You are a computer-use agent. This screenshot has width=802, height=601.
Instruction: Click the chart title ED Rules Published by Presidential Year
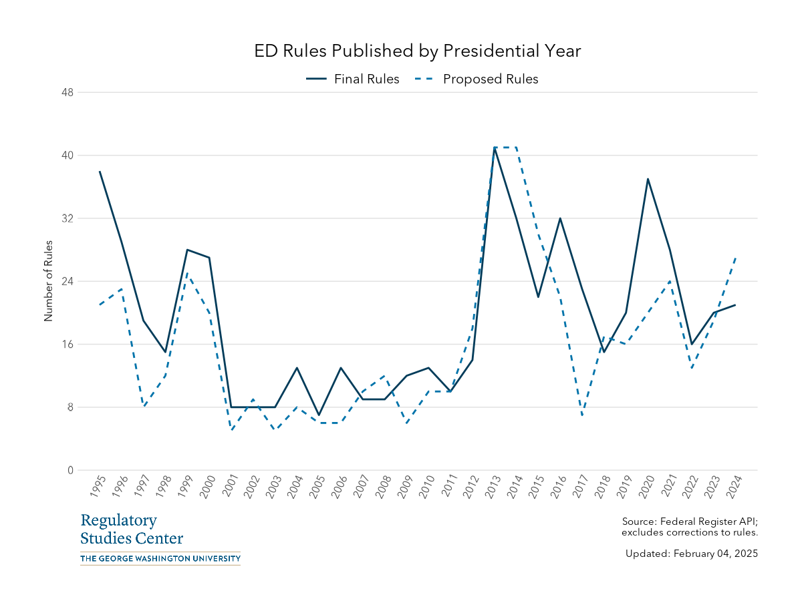coord(418,51)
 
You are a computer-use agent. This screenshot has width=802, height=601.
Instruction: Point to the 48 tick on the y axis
coord(67,92)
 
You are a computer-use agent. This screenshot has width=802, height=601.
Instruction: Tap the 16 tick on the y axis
coord(67,345)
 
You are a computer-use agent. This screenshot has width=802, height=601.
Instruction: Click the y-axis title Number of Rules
coord(48,281)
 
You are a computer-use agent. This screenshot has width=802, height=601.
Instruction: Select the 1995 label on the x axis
coord(98,487)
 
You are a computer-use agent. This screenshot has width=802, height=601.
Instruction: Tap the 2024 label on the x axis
coord(734,487)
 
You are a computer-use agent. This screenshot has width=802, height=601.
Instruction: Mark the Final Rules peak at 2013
coord(495,148)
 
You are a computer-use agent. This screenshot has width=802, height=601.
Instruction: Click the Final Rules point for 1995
coord(100,171)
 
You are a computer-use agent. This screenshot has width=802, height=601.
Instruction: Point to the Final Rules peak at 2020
coord(648,179)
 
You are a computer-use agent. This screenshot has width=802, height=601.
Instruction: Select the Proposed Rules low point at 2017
coord(582,415)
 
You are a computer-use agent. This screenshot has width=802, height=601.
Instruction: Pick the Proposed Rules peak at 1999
coord(187,273)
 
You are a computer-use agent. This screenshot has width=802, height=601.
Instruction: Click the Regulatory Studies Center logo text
coord(132,530)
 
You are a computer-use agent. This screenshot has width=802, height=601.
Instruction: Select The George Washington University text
coord(160,558)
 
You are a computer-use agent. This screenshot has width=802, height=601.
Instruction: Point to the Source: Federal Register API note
coord(689,526)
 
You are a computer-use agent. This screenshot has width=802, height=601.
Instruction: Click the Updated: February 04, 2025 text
coord(691,554)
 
